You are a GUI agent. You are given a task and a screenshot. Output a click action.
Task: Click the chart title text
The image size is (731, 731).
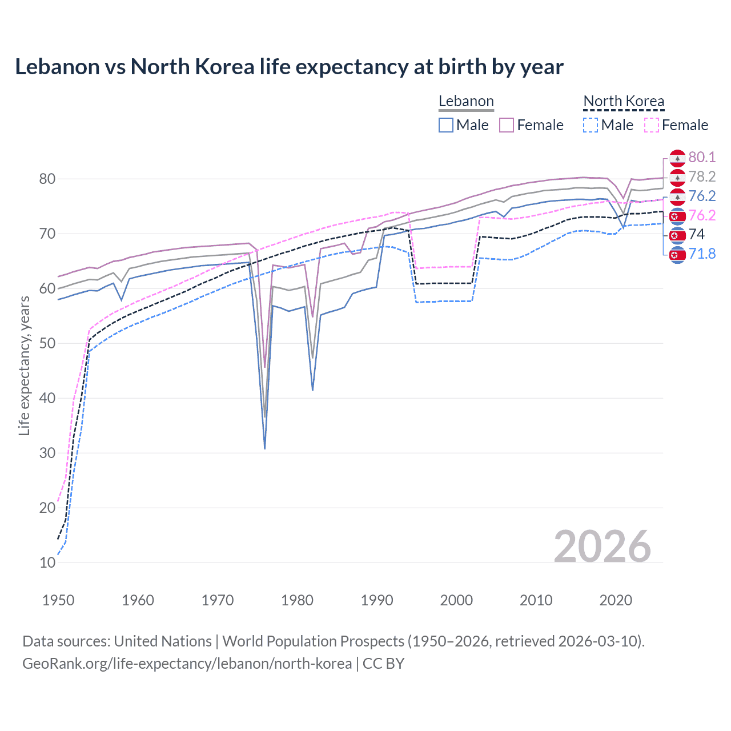[289, 67]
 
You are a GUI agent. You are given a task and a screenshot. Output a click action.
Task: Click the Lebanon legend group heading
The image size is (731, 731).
[466, 102]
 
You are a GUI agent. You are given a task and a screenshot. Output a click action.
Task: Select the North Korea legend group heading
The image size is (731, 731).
[624, 102]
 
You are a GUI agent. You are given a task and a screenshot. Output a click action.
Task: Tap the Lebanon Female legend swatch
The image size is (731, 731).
[507, 125]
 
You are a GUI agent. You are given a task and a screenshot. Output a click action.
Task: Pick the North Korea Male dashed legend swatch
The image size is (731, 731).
[591, 125]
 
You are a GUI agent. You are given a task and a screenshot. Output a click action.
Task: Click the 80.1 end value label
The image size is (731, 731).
[702, 157]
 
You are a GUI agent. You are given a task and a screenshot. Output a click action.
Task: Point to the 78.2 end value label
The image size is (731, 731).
[702, 176]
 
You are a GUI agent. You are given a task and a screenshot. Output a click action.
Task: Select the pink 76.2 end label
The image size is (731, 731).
[702, 215]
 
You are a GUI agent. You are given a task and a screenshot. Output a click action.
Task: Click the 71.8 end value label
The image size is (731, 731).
[702, 254]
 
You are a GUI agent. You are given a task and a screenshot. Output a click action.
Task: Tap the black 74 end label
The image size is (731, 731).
[697, 234]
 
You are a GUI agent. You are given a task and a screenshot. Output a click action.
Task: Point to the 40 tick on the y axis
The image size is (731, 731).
[47, 398]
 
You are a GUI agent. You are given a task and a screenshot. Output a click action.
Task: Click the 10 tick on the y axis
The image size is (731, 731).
[47, 563]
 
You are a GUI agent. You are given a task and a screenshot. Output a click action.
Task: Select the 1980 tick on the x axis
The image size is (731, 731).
[298, 600]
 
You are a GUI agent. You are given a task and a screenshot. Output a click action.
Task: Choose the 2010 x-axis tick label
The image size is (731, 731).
[536, 600]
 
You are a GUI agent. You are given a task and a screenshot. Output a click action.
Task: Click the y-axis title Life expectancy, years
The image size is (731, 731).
[24, 365]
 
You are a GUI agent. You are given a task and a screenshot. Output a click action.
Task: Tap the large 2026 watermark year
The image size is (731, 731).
[603, 547]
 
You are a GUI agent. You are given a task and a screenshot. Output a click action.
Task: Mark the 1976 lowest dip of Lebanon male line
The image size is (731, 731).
[265, 448]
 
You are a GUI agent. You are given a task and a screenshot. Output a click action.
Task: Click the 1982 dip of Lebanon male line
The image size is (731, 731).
[312, 389]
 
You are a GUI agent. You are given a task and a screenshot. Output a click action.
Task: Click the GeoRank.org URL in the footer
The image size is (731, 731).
[187, 664]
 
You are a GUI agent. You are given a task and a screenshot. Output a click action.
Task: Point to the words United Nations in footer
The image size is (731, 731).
[163, 641]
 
